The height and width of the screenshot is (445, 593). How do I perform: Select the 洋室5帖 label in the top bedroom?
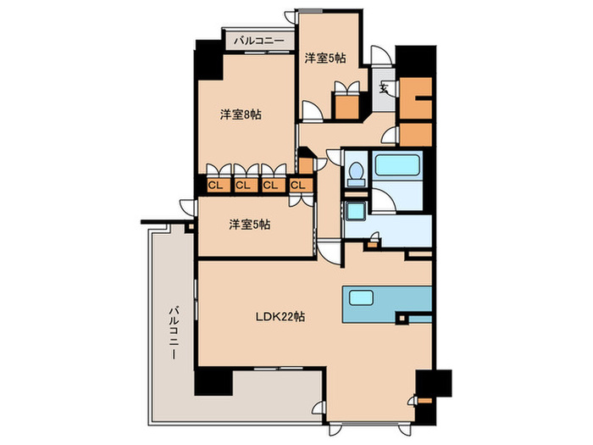tap(324, 58)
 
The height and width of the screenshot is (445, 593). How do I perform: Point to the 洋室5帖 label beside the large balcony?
tap(250, 225)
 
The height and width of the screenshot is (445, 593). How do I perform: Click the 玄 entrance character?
tap(384, 87)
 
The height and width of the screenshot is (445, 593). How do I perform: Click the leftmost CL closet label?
tap(215, 185)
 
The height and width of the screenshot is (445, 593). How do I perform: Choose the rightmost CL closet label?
tap(297, 185)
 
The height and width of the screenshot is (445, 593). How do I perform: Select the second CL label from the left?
tap(242, 185)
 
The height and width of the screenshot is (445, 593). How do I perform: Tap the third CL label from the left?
tap(269, 185)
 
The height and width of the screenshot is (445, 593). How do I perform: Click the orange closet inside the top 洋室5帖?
tap(345, 105)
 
